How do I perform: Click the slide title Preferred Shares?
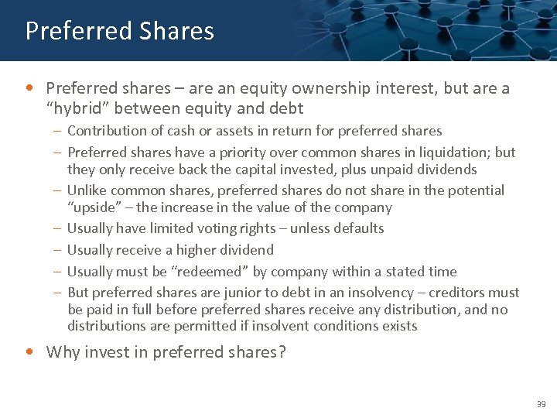point(119,31)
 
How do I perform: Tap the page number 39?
point(540,404)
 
